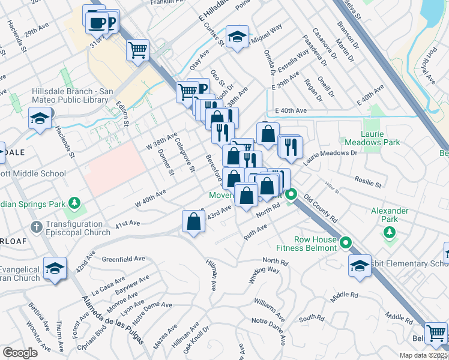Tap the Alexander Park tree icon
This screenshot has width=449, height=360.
point(390,232)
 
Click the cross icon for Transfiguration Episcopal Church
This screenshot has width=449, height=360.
point(36,227)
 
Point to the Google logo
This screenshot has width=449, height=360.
point(20,353)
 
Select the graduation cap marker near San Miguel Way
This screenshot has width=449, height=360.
point(237,37)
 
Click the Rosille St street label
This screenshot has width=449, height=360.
point(368,182)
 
